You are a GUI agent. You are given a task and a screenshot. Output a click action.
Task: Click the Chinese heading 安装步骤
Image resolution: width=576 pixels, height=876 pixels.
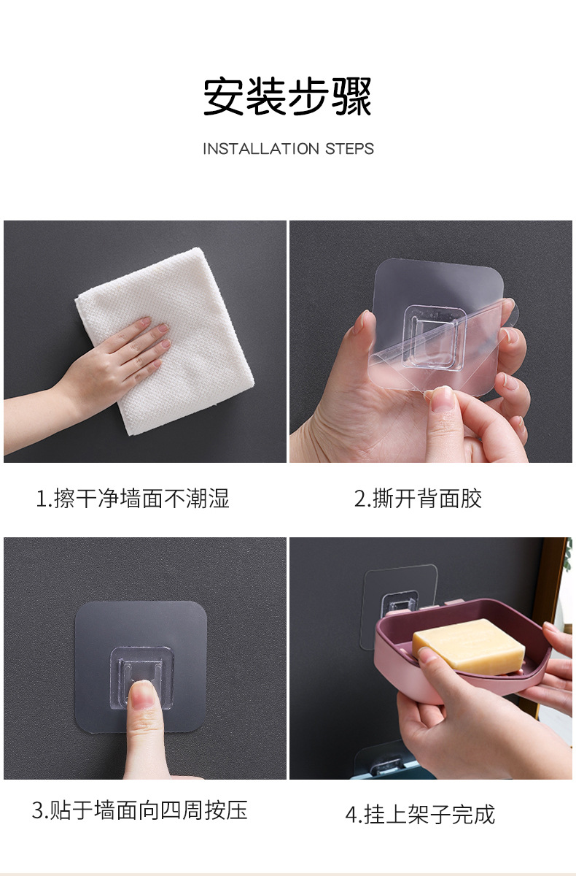tap(287, 96)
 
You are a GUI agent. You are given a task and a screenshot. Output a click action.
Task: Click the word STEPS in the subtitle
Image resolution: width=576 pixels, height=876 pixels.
tap(349, 149)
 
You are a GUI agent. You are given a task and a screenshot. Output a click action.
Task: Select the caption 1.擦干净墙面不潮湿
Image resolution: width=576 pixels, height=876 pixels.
tap(133, 499)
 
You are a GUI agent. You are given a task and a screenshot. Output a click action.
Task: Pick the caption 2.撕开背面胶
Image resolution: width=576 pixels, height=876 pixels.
tap(418, 499)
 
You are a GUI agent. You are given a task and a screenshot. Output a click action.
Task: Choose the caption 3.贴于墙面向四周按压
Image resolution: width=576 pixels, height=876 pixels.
tap(140, 810)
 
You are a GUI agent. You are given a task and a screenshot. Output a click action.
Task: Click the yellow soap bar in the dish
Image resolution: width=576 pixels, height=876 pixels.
tap(468, 644)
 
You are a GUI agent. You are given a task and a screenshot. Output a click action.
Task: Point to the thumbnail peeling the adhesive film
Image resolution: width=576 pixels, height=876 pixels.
tap(440, 399)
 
